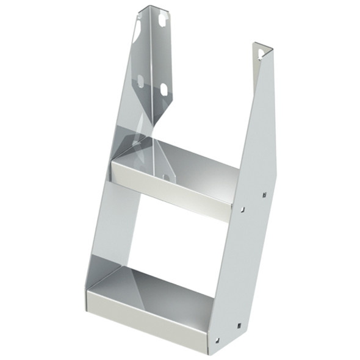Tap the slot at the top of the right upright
point(262,54)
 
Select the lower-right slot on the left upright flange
point(163,90)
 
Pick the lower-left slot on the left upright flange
point(140,81)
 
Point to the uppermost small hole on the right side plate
point(264,195)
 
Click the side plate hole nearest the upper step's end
point(243,209)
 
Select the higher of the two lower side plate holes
point(240,325)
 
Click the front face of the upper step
point(171,191)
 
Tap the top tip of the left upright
point(146,7)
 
